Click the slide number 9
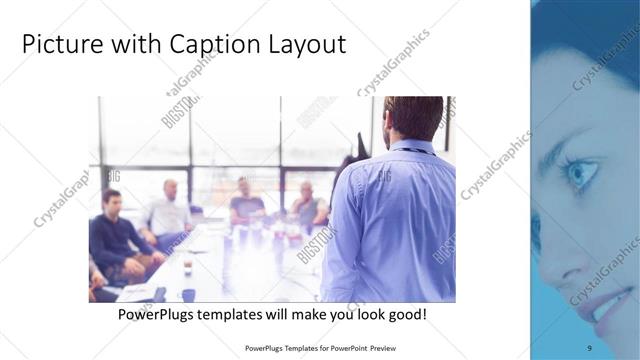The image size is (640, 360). pyautogui.click(x=589, y=347)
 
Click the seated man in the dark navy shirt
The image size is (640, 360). pyautogui.click(x=113, y=235)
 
